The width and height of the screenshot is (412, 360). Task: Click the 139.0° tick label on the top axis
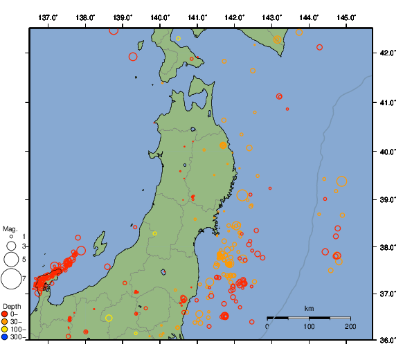click(x=123, y=17)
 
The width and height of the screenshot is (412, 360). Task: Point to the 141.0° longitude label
click(x=197, y=17)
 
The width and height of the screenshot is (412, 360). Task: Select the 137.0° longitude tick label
click(x=48, y=17)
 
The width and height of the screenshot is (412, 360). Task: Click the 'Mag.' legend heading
click(x=10, y=228)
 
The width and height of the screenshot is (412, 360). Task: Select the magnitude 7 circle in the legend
click(x=11, y=279)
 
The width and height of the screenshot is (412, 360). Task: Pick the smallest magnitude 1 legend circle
click(x=11, y=237)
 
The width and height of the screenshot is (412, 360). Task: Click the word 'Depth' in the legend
click(x=12, y=306)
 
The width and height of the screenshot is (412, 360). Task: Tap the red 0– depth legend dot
click(x=5, y=314)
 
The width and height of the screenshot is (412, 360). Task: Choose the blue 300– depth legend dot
click(x=5, y=337)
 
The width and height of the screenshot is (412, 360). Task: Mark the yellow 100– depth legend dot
click(x=5, y=330)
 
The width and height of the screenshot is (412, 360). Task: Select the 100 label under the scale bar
click(x=309, y=326)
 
